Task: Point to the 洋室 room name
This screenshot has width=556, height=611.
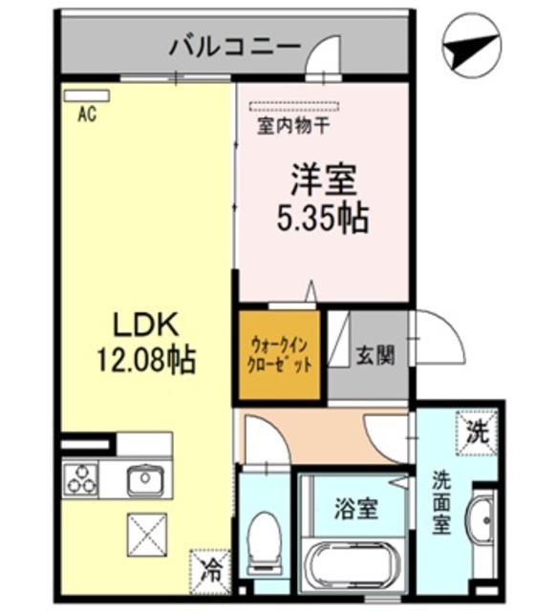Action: (323, 179)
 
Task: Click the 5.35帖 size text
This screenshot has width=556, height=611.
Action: (323, 219)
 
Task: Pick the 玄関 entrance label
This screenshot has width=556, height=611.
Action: (373, 356)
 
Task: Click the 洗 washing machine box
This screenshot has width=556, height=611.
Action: (476, 431)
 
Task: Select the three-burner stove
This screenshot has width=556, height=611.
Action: (82, 477)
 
